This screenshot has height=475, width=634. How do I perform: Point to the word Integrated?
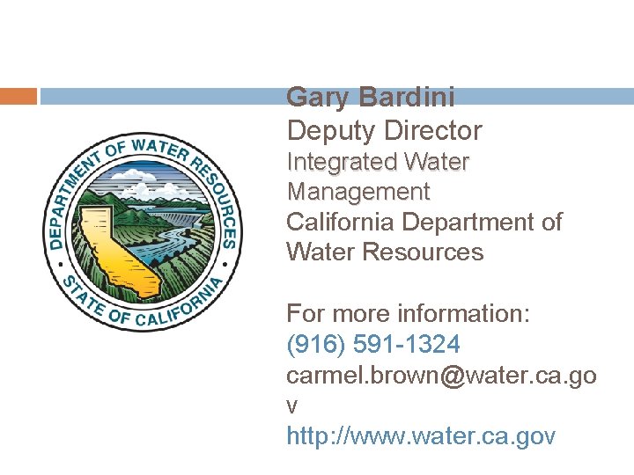pos(342,163)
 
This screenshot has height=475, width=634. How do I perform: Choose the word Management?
pos(358,192)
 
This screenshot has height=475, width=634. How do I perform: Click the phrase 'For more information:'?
pos(408,314)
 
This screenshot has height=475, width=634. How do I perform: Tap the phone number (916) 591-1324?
pos(372,344)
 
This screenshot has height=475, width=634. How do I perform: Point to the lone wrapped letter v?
pos(292,406)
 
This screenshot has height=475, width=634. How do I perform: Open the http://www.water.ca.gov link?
pos(421,435)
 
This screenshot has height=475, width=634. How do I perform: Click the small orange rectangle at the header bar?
pos(18,96)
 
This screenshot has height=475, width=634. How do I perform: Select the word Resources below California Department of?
pos(429,252)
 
